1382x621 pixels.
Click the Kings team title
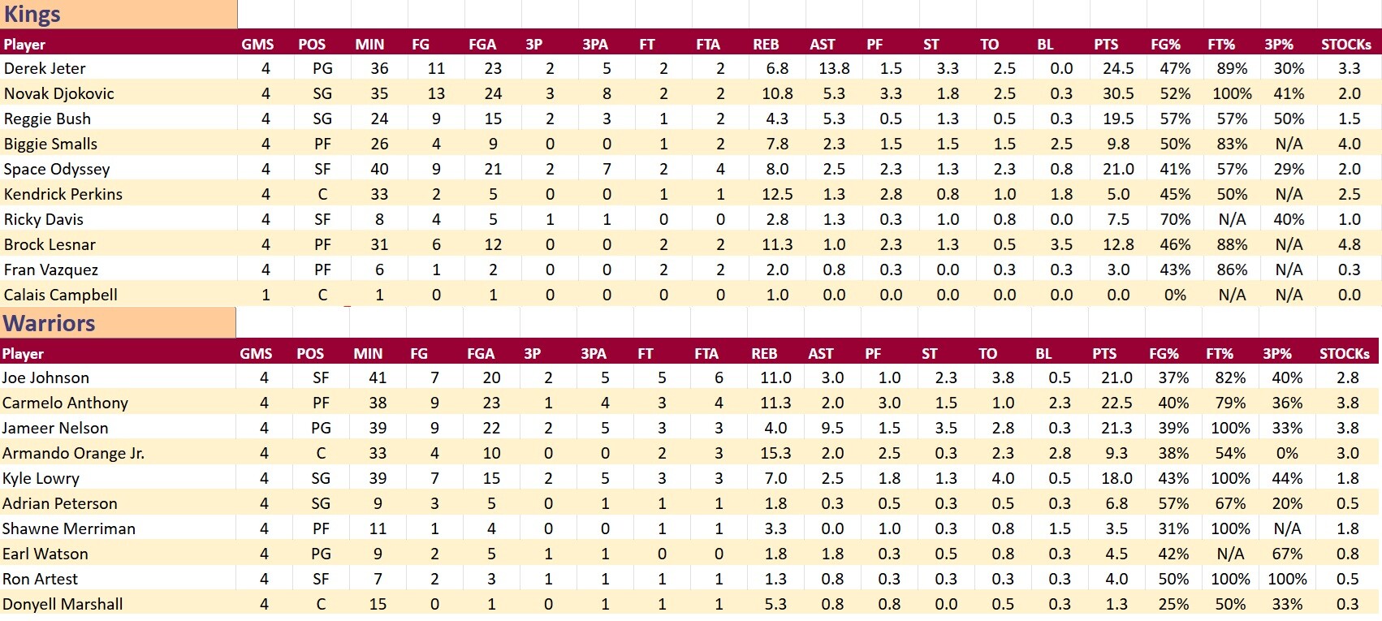click(32, 15)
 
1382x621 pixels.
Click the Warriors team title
click(49, 323)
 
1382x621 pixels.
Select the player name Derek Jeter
click(45, 69)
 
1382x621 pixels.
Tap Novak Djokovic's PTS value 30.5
click(1118, 94)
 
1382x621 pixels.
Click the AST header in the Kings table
click(822, 45)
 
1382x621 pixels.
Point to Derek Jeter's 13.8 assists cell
click(834, 69)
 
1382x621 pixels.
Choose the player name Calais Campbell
click(61, 295)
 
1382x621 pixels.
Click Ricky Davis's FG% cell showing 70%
click(1175, 220)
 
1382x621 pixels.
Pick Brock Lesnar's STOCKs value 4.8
click(1349, 245)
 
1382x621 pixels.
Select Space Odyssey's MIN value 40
click(379, 170)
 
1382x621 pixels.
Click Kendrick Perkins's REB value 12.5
click(777, 195)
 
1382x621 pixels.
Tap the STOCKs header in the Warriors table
click(1344, 354)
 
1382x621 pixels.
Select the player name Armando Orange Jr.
click(73, 454)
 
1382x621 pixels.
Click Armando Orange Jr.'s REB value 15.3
click(775, 454)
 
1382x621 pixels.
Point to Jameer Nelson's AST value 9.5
click(832, 429)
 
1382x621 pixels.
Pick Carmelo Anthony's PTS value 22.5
click(1116, 403)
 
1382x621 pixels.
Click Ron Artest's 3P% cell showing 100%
click(1287, 580)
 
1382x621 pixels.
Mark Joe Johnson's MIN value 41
click(378, 378)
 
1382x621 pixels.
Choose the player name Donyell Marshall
click(63, 605)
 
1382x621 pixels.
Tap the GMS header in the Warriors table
click(256, 354)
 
